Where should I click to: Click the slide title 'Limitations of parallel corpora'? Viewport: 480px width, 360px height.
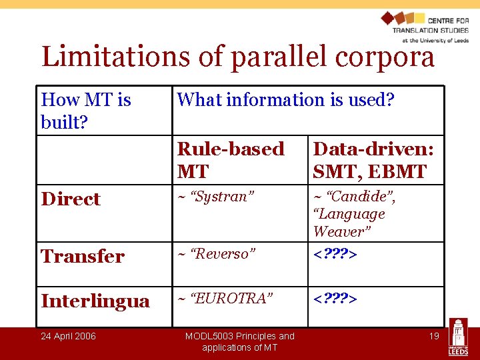[x=238, y=57]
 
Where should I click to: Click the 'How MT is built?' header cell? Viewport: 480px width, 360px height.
[x=86, y=111]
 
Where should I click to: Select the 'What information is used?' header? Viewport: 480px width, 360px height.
[x=285, y=100]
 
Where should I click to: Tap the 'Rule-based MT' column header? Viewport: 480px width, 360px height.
[x=231, y=160]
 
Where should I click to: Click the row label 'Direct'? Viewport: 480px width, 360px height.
[x=71, y=199]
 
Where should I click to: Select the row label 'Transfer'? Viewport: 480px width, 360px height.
[x=83, y=256]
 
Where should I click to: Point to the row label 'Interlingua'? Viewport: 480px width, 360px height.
[x=95, y=301]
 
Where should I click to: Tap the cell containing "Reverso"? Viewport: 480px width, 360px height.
[x=217, y=254]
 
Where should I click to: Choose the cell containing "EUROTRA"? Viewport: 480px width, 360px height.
[x=225, y=299]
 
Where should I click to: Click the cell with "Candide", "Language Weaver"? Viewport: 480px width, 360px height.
[x=355, y=214]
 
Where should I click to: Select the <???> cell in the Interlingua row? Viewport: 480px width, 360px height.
[x=335, y=299]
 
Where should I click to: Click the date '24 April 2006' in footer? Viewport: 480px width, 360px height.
[x=68, y=336]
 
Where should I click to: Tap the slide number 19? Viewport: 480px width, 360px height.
[x=433, y=336]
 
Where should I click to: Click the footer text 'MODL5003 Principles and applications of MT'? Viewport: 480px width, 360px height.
[x=239, y=341]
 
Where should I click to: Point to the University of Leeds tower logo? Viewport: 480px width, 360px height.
[x=458, y=337]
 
